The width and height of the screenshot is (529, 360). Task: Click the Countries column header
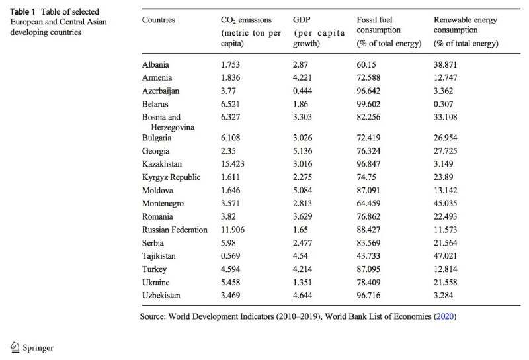tap(159, 20)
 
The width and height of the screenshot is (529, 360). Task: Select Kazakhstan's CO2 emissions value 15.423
tap(233, 164)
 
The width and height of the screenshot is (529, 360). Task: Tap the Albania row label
tap(155, 64)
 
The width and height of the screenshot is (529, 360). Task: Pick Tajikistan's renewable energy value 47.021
tap(445, 256)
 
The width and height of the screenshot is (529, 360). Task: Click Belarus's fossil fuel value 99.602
tap(368, 104)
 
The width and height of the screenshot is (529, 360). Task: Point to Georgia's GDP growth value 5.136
tap(303, 151)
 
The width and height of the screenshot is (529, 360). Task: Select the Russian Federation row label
tap(175, 230)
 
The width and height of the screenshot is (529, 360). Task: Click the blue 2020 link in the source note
tap(445, 316)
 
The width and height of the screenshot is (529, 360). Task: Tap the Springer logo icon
tap(15, 347)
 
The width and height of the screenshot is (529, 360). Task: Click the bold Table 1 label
tap(22, 12)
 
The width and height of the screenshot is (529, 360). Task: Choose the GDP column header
tap(302, 20)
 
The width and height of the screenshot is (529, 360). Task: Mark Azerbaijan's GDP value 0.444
tap(303, 91)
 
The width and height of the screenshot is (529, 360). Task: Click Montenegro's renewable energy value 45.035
tap(445, 204)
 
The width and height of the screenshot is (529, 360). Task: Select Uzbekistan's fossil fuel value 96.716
tap(368, 296)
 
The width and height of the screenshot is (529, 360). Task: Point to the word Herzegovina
tap(173, 128)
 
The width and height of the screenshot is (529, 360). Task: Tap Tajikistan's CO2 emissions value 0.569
tap(230, 256)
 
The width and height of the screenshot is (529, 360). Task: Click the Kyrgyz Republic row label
tap(171, 177)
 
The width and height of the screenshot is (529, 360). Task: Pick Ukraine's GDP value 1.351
tap(303, 283)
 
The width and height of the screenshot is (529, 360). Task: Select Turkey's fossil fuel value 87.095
tap(368, 269)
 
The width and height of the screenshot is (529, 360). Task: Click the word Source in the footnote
tap(153, 316)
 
